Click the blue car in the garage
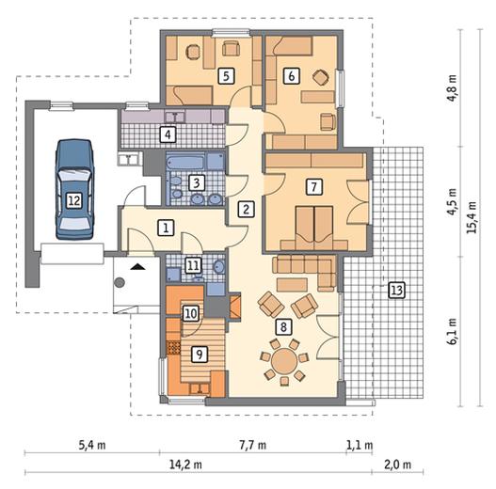click(x=74, y=189)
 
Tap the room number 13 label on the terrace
click(x=396, y=291)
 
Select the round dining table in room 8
click(x=284, y=361)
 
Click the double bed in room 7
click(x=314, y=228)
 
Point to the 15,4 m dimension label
click(x=472, y=217)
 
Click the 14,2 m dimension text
click(x=185, y=465)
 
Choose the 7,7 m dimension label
click(x=252, y=445)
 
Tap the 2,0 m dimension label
click(x=397, y=465)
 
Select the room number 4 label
click(x=168, y=134)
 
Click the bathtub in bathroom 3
click(x=184, y=162)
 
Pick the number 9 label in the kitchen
click(x=200, y=355)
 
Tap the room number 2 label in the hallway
click(x=246, y=209)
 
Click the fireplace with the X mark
click(x=235, y=307)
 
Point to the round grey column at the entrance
click(x=120, y=282)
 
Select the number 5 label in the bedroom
click(x=226, y=76)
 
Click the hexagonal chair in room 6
click(x=321, y=77)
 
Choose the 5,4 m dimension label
click(x=92, y=445)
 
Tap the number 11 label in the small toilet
click(x=193, y=265)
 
